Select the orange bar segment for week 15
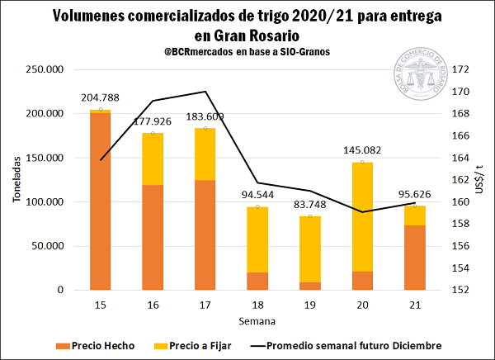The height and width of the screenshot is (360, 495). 100,201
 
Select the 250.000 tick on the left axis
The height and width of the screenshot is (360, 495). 48,69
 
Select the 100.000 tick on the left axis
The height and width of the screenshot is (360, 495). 48,201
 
